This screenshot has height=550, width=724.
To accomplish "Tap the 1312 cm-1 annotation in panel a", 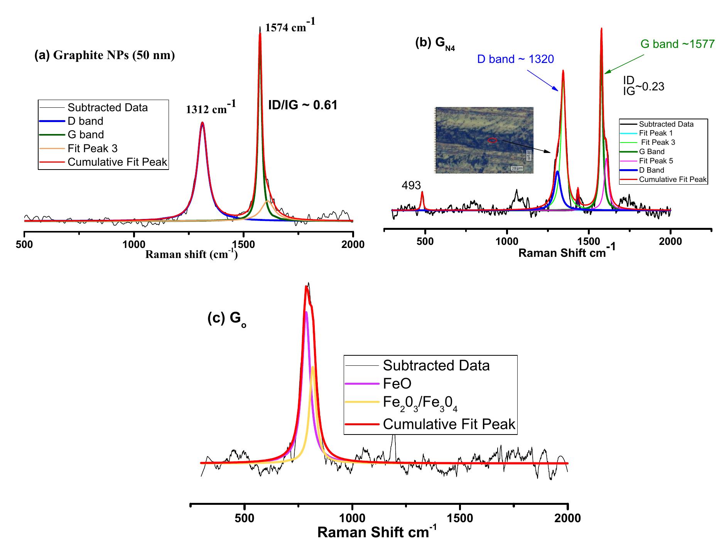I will (211, 109).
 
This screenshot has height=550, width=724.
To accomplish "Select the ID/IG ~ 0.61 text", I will (303, 105).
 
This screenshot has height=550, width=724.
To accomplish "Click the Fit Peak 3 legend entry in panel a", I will (93, 148).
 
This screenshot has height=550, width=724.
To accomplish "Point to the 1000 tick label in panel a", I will (133, 245).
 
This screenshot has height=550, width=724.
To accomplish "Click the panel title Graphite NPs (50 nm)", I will (105, 56).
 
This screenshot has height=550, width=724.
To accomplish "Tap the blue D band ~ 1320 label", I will (515, 59).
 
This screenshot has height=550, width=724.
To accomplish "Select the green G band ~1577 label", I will (677, 44).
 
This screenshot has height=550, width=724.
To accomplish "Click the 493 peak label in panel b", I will (411, 185).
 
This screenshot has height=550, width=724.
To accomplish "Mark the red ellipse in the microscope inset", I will (492, 140).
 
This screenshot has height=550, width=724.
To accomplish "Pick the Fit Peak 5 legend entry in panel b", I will (656, 161).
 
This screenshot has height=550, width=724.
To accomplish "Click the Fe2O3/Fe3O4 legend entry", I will (420, 403).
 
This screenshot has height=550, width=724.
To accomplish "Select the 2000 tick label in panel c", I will (567, 518).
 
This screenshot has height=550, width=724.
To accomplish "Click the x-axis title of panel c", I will (377, 533).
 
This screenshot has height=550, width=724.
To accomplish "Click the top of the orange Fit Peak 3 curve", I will (267, 201).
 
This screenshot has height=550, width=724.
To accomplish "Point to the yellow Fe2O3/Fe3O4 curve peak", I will (313, 367).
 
